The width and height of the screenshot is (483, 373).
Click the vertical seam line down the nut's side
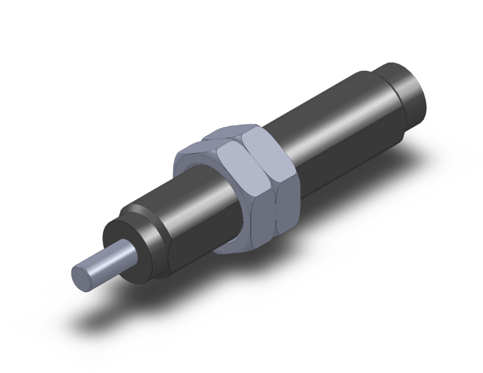(x=275, y=195)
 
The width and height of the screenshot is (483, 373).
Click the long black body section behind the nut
(x=338, y=130)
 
